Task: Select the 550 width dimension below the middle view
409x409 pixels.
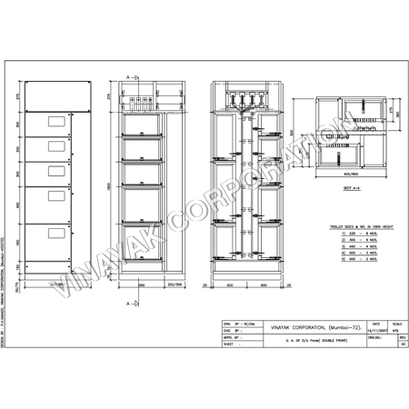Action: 144,284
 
